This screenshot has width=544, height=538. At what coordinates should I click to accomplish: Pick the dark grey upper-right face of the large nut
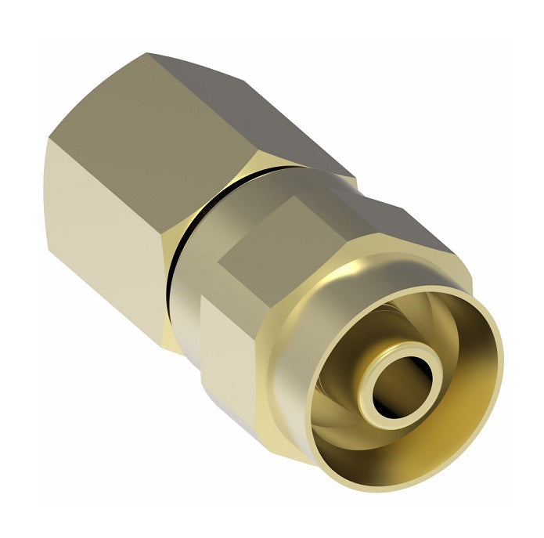tap(258, 110)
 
